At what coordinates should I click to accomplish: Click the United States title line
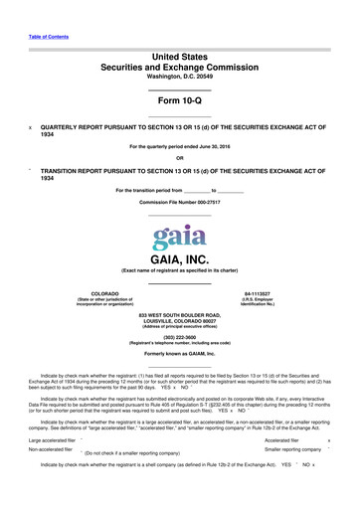[179, 59]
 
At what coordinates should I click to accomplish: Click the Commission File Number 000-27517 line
[179, 202]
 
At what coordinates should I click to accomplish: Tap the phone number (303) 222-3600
[179, 338]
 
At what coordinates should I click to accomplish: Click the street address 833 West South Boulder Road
[179, 316]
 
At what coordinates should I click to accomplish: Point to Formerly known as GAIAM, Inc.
[179, 354]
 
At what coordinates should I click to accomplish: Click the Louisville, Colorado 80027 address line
[179, 321]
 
